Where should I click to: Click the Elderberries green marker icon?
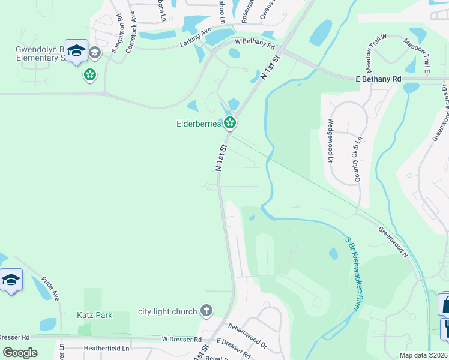pos(229,124)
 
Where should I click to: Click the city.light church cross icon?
pos(206,311)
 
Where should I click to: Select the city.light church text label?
pos(167,311)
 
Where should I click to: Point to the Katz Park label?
pos(91,314)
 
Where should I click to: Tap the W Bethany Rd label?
pos(255,43)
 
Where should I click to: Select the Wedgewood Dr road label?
pos(330,140)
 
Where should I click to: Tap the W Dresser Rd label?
pos(181,340)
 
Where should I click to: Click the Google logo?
pos(20,353)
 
